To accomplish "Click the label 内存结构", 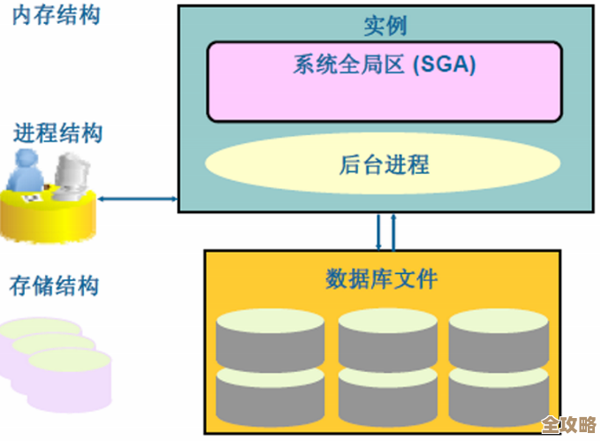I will (56, 15).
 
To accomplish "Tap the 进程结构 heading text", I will (57, 134).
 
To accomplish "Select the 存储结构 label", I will (54, 285).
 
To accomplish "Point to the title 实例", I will (385, 26).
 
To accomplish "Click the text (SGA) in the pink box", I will (445, 65).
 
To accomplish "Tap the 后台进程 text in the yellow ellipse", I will (384, 164).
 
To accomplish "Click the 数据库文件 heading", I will (382, 280).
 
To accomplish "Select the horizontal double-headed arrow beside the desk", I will (139, 199).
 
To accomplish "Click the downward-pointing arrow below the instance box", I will (378, 232).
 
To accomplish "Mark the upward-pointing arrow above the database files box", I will (393, 232).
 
